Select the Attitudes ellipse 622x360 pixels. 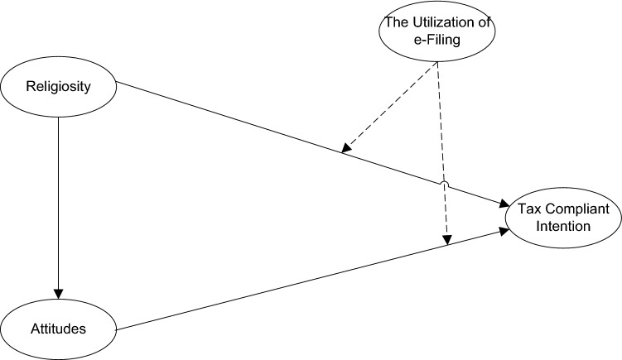point(58,329)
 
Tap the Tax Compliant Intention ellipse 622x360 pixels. point(561,214)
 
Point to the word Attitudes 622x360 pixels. point(58,329)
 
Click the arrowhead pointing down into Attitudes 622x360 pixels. point(58,292)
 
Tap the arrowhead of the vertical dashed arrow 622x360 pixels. point(447,240)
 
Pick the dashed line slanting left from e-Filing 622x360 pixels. point(389,108)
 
